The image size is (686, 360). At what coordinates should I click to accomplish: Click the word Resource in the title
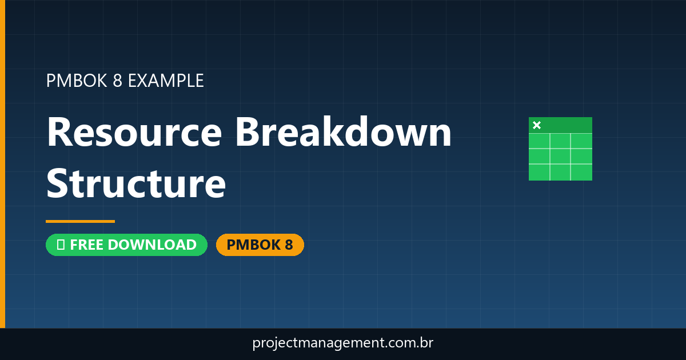coord(134,133)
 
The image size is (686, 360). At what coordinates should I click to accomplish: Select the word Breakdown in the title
coord(344,133)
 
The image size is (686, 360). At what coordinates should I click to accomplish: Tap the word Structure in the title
coord(136,183)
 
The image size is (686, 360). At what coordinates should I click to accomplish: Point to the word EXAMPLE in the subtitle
coord(166,81)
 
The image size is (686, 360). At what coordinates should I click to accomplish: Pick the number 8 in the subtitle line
coord(117,81)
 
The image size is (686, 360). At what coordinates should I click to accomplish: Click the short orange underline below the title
coord(80,221)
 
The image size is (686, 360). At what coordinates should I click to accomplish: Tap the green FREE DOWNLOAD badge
coord(126,245)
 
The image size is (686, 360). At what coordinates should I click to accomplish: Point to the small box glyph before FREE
coord(60,245)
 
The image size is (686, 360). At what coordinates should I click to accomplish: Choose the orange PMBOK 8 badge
coord(260,245)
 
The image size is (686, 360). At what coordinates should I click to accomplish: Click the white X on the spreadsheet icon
coord(537,125)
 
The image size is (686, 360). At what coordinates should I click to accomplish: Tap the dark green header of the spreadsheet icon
coord(566,125)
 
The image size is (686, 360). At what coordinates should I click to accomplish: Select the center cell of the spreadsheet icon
coord(560,156)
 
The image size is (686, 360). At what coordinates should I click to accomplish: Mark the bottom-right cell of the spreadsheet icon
coord(581,172)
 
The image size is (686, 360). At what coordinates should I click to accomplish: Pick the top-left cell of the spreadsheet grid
coord(539,141)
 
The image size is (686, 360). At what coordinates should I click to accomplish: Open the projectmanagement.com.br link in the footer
coord(342,343)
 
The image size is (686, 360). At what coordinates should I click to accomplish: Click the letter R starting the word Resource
coord(59,133)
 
